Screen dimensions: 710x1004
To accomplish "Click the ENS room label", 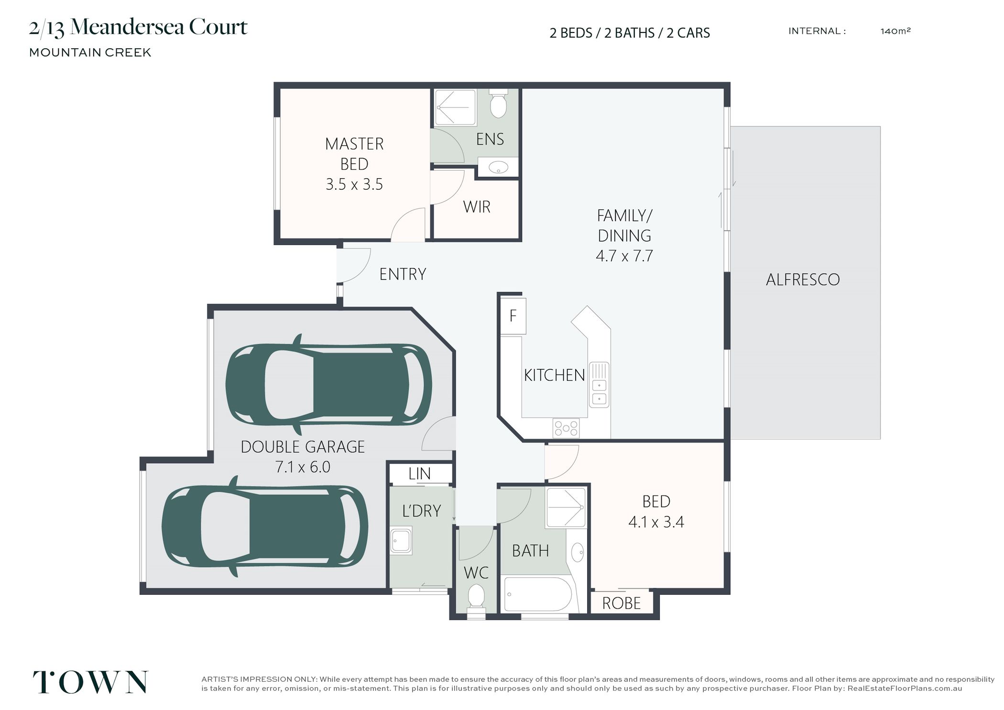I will click(x=490, y=139).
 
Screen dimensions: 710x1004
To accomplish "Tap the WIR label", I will click(x=477, y=207).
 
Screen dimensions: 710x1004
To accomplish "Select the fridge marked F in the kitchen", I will click(x=513, y=316).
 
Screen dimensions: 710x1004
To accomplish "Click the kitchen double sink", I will click(x=599, y=385).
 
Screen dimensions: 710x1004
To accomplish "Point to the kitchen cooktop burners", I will click(x=566, y=428).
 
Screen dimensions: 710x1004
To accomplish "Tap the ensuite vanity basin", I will click(x=498, y=168).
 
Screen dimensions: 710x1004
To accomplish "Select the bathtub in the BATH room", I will click(x=537, y=594).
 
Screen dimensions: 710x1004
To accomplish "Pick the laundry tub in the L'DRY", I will click(x=401, y=541).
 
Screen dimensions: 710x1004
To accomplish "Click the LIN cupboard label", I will click(x=419, y=473).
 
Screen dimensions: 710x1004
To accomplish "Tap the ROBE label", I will click(x=621, y=603).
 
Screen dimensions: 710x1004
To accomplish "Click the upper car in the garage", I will click(x=329, y=385).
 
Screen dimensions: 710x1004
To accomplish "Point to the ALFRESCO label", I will click(x=802, y=280).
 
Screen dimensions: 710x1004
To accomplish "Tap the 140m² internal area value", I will click(x=895, y=31).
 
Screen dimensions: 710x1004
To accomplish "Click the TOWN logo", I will click(x=90, y=682).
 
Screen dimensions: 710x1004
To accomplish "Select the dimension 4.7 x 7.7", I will click(x=624, y=256).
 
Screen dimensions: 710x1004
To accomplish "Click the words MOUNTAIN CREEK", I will click(x=90, y=53).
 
